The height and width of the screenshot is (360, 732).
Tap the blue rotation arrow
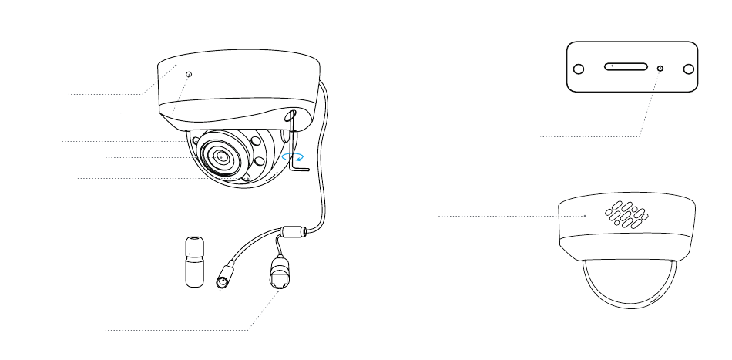click(292, 156)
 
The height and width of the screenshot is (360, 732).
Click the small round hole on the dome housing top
click(190, 75)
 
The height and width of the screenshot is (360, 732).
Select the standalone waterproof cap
click(196, 261)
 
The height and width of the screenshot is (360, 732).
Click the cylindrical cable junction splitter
click(294, 231)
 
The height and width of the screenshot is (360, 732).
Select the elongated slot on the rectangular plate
click(626, 67)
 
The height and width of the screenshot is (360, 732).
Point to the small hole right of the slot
click(660, 69)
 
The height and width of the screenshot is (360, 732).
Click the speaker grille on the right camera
click(630, 216)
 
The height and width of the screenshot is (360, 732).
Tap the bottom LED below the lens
click(246, 179)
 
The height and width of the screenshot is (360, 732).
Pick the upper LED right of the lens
click(254, 142)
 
